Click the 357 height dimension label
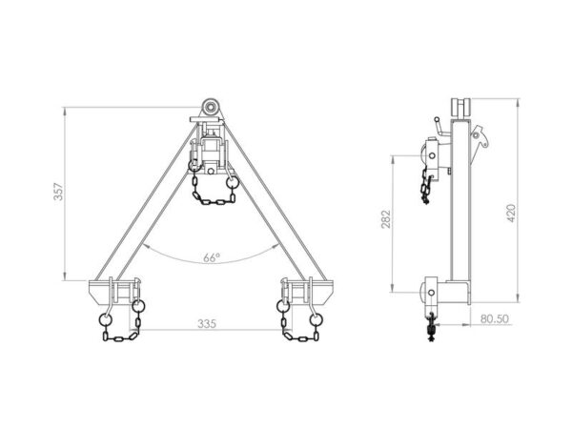(59, 192)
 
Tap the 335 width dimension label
(207, 323)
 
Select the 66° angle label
(212, 258)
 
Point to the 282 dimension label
(386, 219)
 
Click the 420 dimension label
(511, 214)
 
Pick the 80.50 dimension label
(494, 318)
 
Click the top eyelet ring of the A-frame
(210, 107)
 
